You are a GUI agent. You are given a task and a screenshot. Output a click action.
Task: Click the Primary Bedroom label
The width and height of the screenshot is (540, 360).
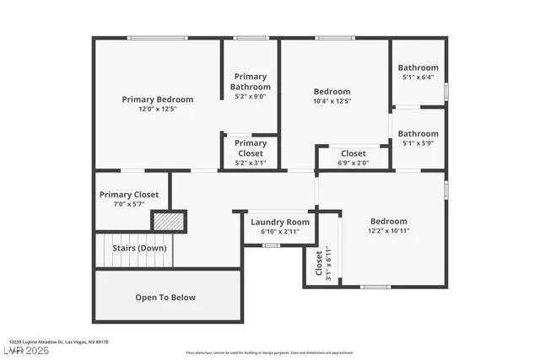coord(157,99)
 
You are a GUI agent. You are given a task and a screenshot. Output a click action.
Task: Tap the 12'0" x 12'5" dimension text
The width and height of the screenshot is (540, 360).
coord(157,110)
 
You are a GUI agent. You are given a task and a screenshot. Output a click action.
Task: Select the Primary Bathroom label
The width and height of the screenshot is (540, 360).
coord(251,82)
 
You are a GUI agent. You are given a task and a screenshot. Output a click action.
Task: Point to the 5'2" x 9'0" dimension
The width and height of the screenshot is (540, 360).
coord(251,96)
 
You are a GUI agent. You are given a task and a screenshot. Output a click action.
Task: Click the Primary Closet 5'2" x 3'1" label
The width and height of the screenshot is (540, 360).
coord(251,148)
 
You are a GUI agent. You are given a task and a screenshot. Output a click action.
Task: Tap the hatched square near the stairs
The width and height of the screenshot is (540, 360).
coord(168,221)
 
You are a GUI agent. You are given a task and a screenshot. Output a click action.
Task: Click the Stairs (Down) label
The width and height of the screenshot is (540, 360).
coord(141,249)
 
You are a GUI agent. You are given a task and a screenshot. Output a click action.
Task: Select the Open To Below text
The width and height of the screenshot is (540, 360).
coord(165,297)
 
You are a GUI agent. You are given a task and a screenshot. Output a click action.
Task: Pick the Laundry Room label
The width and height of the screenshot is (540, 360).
coord(280,222)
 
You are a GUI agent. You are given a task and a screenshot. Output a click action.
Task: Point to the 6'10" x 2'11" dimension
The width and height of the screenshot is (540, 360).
coord(280,231)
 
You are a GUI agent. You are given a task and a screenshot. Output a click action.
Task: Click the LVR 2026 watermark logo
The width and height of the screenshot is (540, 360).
coord(25,348)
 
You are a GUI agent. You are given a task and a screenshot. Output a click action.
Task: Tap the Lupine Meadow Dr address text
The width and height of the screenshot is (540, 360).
coord(58,342)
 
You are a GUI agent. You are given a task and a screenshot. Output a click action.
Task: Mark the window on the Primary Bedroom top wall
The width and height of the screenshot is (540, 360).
coord(157,38)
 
